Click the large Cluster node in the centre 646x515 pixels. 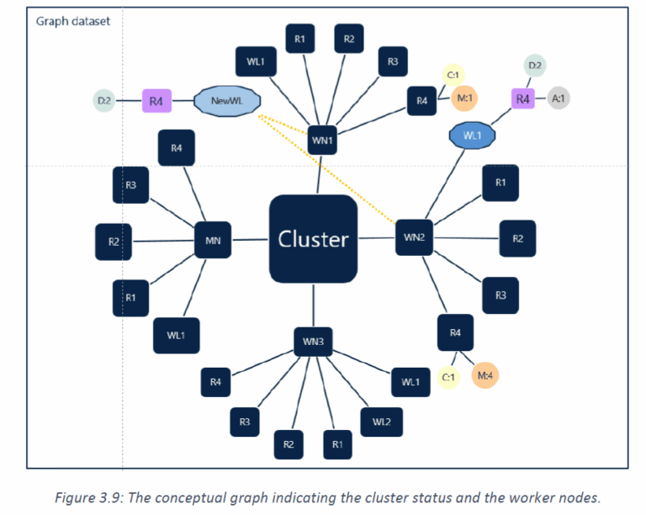[x=313, y=239]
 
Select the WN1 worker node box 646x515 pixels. [x=322, y=140]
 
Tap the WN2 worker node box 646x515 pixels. [x=414, y=237]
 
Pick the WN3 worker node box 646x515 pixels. [x=313, y=342]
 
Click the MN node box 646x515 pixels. [x=213, y=240]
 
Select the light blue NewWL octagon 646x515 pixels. [x=227, y=101]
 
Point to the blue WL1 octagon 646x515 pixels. [x=472, y=135]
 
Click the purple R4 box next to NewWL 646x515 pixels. [x=156, y=101]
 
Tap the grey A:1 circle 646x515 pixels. [x=559, y=98]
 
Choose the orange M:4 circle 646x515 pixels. [x=484, y=375]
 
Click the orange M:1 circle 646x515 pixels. [x=464, y=98]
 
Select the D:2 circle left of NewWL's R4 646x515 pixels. [x=104, y=100]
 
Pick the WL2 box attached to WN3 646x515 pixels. [x=382, y=422]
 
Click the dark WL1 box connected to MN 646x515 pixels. [x=177, y=336]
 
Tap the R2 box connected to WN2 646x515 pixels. [x=517, y=238]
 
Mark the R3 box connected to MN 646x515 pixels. [x=130, y=185]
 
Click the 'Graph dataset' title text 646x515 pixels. [x=73, y=21]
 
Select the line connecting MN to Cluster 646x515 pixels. [x=250, y=239]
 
